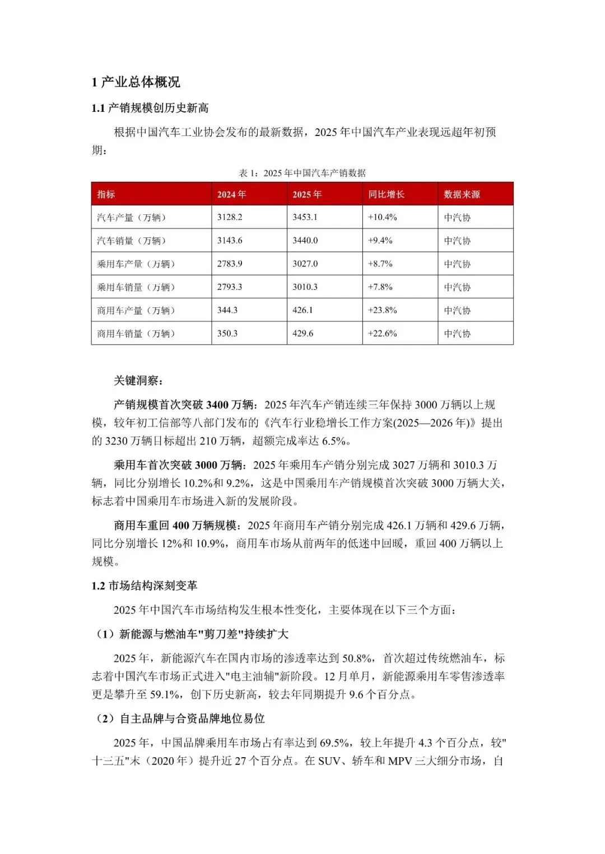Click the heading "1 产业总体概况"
(136, 82)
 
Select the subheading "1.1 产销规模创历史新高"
(150, 108)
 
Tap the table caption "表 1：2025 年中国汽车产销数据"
(302, 173)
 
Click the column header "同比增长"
(386, 194)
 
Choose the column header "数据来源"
(462, 194)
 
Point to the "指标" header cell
(106, 194)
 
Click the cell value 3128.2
(230, 217)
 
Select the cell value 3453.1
(305, 217)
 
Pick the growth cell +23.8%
(382, 310)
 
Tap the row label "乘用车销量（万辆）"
(136, 287)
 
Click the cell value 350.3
(227, 334)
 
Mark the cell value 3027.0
(305, 264)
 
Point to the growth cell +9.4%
(380, 241)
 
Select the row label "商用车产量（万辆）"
(136, 310)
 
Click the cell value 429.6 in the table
(302, 334)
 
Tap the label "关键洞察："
(138, 381)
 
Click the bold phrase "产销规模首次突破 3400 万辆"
(185, 405)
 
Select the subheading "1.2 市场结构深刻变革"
(145, 585)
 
